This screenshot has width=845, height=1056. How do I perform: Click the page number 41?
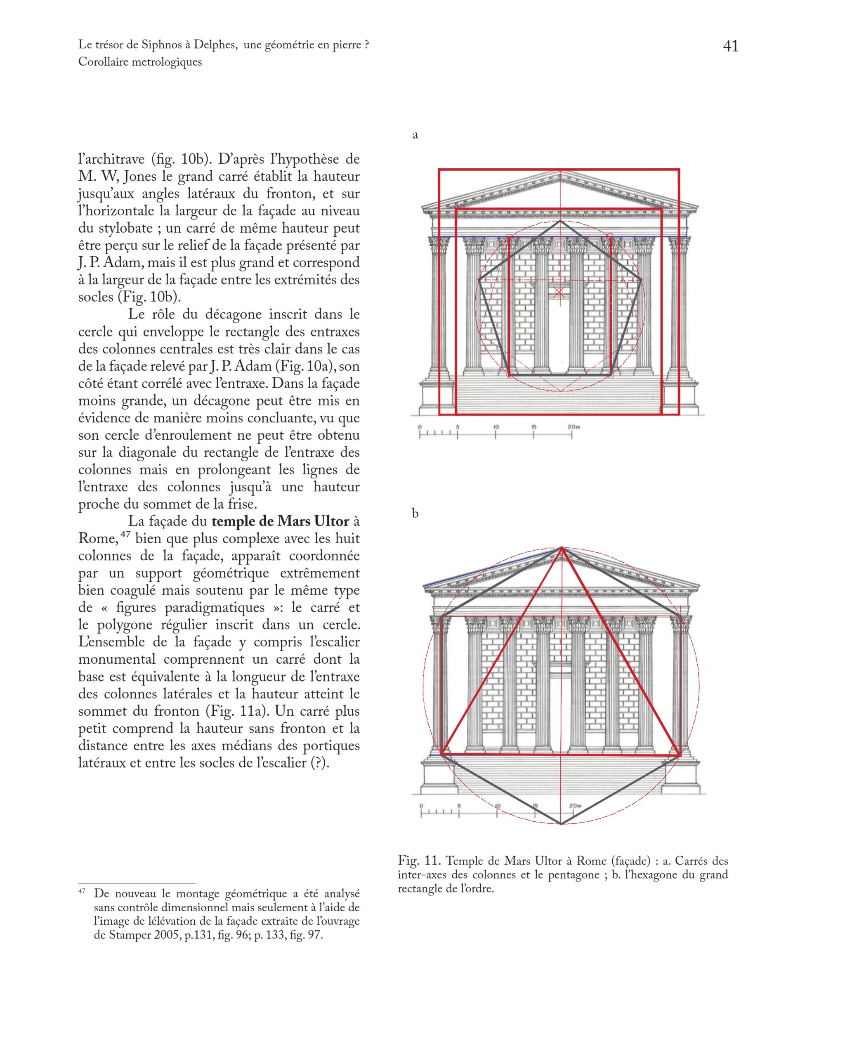(x=730, y=46)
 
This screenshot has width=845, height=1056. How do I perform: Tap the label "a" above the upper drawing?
(x=415, y=135)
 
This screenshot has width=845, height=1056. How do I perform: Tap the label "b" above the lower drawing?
(x=415, y=513)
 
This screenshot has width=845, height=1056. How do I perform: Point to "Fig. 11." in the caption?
(x=419, y=860)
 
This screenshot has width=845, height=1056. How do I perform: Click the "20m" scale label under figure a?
(x=574, y=427)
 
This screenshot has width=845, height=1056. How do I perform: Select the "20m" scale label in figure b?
(x=575, y=806)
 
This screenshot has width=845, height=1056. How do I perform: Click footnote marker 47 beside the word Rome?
(x=125, y=534)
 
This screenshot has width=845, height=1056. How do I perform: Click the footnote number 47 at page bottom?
(x=82, y=891)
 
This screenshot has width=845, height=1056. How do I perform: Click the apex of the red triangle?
(x=562, y=548)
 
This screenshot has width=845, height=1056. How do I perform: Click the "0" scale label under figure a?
(x=420, y=427)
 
